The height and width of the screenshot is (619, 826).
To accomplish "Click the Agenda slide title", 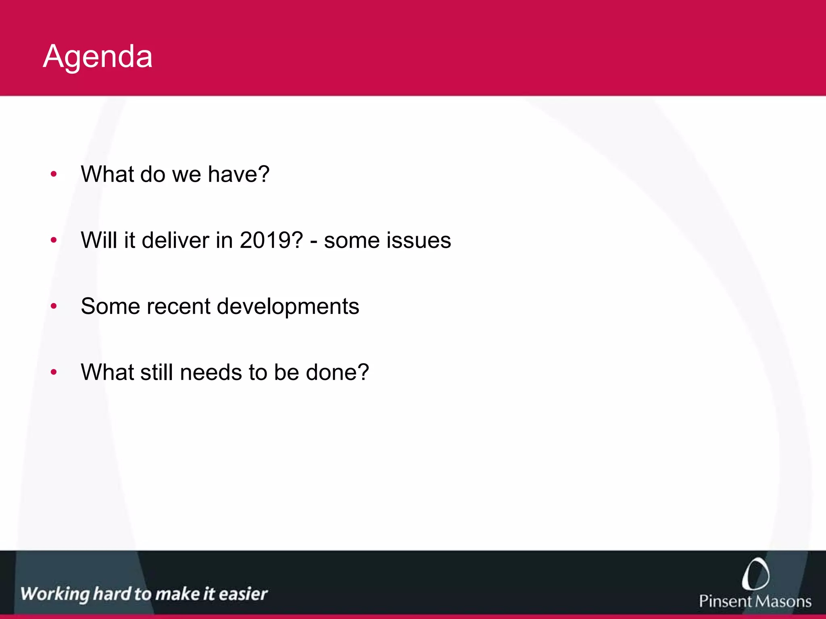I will pos(98,56).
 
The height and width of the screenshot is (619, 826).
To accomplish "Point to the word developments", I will pos(288,306).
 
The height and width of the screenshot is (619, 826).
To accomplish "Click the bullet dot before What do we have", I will pos(54,174).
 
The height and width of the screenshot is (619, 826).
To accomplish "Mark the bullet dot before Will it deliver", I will pos(54,241).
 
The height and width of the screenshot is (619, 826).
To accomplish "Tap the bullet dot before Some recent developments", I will pos(54,307).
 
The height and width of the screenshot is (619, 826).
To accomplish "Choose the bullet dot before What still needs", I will pos(54,372).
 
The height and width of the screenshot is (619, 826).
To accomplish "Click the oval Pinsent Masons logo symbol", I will pos(755,574).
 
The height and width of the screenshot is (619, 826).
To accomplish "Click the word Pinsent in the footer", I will pos(724,601).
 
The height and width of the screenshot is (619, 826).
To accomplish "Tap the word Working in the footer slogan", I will pos(55,594).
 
